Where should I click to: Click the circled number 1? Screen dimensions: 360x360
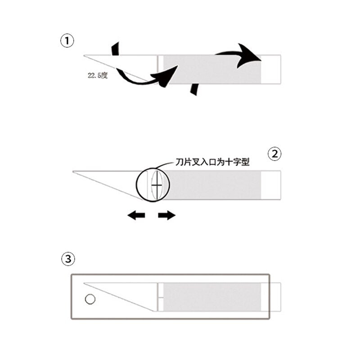(x=67, y=41)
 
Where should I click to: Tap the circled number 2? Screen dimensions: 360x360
(x=274, y=154)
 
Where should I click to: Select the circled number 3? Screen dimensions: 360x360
(x=68, y=259)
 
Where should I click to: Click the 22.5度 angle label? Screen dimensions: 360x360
(x=98, y=75)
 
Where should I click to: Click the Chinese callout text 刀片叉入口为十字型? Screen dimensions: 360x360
(x=212, y=162)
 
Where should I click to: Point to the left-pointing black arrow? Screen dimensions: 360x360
(x=136, y=216)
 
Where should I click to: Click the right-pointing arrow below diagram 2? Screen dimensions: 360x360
(x=167, y=216)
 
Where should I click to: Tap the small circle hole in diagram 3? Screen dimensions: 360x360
(x=90, y=299)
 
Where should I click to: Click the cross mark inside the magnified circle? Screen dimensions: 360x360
(x=157, y=185)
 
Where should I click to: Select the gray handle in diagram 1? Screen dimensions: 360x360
(x=212, y=69)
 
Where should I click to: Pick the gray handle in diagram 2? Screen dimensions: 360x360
(x=215, y=185)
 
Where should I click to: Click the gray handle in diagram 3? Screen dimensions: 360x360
(x=212, y=297)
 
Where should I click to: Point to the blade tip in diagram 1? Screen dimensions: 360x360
(x=84, y=55)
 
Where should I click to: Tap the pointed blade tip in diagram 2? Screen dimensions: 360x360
(x=73, y=171)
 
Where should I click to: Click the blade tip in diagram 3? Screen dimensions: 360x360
(x=84, y=283)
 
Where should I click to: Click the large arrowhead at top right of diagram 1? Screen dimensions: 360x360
(x=249, y=55)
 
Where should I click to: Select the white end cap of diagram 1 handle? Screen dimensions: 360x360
(x=271, y=69)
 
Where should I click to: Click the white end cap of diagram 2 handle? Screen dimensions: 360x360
(x=271, y=185)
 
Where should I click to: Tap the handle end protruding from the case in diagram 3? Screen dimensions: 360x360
(x=275, y=297)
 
